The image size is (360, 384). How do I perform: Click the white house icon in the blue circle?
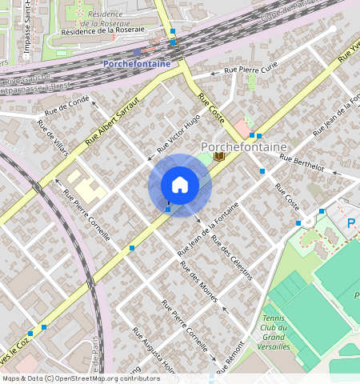[x=180, y=185]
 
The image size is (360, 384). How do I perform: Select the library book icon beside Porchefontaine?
[x=219, y=157]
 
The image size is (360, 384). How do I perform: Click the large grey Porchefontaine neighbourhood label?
[x=254, y=146]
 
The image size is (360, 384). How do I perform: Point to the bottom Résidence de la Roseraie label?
[x=103, y=30]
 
